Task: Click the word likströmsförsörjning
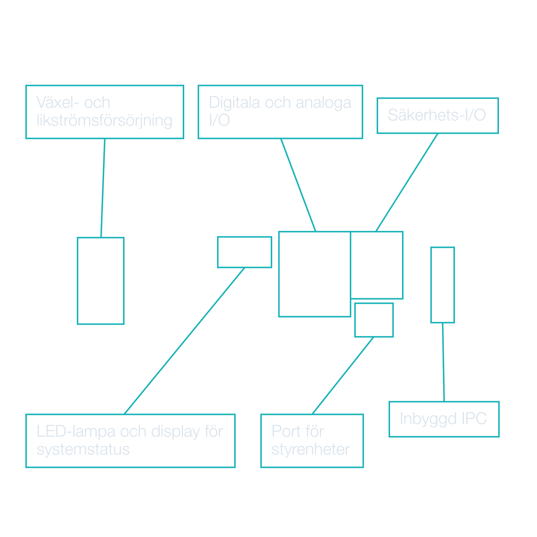coord(104,120)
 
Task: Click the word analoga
coord(323,103)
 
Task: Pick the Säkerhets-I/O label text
coord(437,115)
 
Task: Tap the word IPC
coord(474,419)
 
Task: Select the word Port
coord(286,431)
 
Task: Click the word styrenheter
coord(311,449)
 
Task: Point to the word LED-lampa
coord(76,431)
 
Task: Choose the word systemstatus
coord(83,449)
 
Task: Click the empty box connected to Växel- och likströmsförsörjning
coord(101,281)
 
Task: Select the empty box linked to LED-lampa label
coord(245,252)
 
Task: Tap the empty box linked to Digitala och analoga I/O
coord(314,274)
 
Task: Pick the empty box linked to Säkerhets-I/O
coord(377,265)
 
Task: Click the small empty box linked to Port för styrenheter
coord(374,320)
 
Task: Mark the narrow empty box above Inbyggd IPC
coord(443,285)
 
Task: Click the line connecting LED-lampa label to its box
coord(184,341)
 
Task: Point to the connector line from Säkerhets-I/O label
coord(406,183)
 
